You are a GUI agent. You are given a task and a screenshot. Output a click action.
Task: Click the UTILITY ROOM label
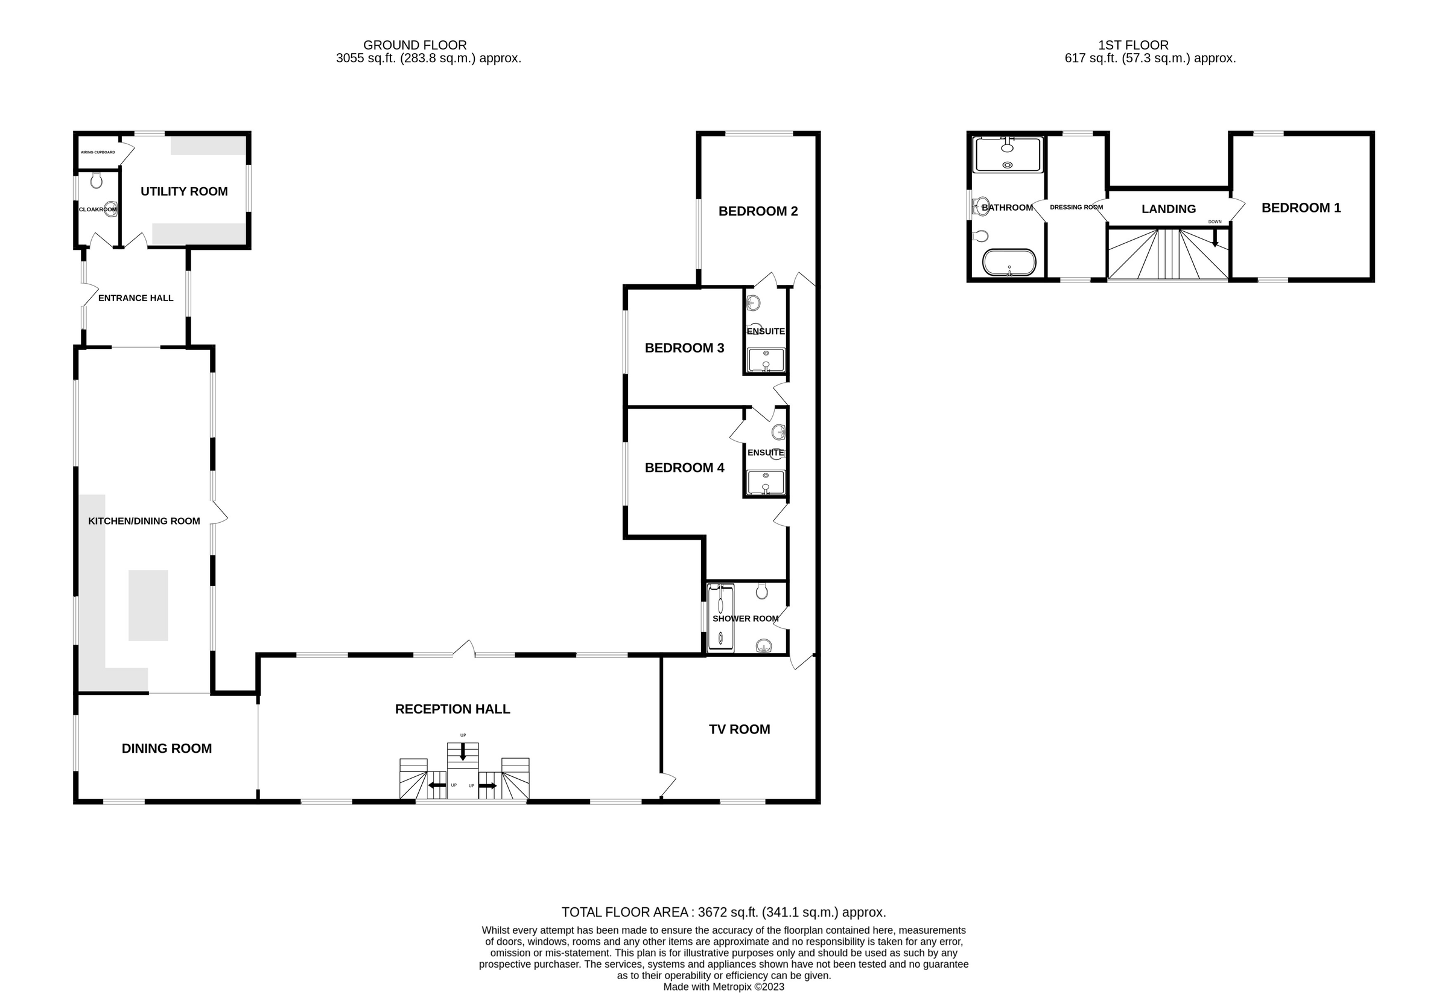point(184,191)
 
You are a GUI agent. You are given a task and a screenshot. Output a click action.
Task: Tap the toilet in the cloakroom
point(96,180)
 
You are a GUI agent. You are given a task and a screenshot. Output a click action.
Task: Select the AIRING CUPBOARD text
point(98,152)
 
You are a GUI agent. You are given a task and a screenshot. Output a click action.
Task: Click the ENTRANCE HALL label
point(136,298)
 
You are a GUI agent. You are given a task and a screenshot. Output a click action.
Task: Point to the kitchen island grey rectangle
point(148,605)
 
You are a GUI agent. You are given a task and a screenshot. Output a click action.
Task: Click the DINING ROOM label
point(167,749)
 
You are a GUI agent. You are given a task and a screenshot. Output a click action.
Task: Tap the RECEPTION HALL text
point(453,709)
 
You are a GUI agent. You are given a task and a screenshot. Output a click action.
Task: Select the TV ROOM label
point(739,729)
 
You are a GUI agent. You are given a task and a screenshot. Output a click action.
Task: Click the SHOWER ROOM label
point(745,618)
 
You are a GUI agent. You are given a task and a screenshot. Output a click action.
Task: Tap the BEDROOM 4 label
point(684,467)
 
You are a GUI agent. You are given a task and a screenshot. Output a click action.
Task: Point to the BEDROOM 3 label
point(684,348)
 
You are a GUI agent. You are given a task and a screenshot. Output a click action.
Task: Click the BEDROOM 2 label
point(758,211)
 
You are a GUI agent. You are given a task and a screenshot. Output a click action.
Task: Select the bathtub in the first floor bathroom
point(1009,262)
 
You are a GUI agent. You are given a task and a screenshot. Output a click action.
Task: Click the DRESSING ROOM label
point(1076,208)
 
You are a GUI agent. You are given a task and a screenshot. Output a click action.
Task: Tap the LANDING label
point(1168,209)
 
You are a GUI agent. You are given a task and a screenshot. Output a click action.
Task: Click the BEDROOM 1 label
point(1301,208)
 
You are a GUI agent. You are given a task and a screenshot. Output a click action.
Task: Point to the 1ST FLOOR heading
point(1132,45)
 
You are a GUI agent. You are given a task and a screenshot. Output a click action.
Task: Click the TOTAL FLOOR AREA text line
point(723,912)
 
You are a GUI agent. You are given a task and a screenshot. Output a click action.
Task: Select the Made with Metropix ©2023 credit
point(723,987)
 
